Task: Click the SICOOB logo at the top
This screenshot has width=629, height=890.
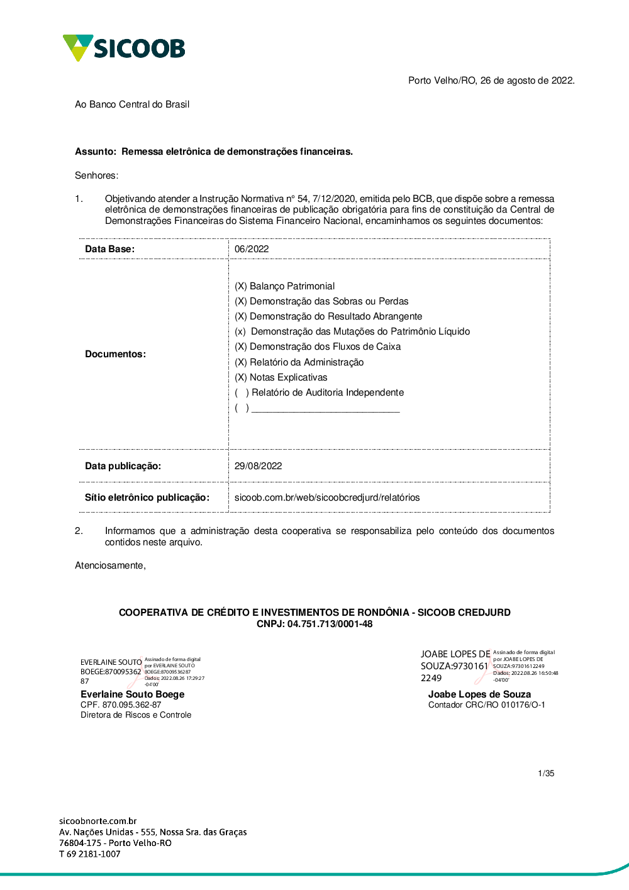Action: tap(124, 48)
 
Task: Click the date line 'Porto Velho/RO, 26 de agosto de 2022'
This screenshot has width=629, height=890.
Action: tap(491, 81)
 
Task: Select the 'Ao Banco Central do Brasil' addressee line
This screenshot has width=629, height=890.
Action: tap(132, 104)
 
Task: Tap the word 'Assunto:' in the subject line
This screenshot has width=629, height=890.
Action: tap(96, 152)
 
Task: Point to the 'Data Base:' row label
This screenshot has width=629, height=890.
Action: tap(109, 249)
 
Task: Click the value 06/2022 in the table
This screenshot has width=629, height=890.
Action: tap(252, 249)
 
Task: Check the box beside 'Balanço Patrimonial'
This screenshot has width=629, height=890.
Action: tap(241, 286)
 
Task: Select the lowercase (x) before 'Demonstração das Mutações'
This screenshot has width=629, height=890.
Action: tap(240, 331)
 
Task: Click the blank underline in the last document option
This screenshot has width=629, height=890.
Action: tap(325, 409)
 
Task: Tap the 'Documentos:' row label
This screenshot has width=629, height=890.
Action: tap(115, 354)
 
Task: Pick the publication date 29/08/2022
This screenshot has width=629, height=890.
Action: tap(258, 466)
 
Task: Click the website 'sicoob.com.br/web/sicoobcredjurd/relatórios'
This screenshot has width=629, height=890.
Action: tap(327, 498)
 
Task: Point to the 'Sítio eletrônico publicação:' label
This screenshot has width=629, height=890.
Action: tap(147, 498)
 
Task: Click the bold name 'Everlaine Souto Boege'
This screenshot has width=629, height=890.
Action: tap(132, 694)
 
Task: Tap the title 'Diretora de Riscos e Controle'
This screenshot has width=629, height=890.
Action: tap(136, 715)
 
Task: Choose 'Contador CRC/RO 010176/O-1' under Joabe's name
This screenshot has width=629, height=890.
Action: tap(487, 705)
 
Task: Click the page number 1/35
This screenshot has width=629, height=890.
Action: tap(546, 774)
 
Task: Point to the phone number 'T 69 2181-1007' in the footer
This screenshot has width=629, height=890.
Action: tap(89, 854)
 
